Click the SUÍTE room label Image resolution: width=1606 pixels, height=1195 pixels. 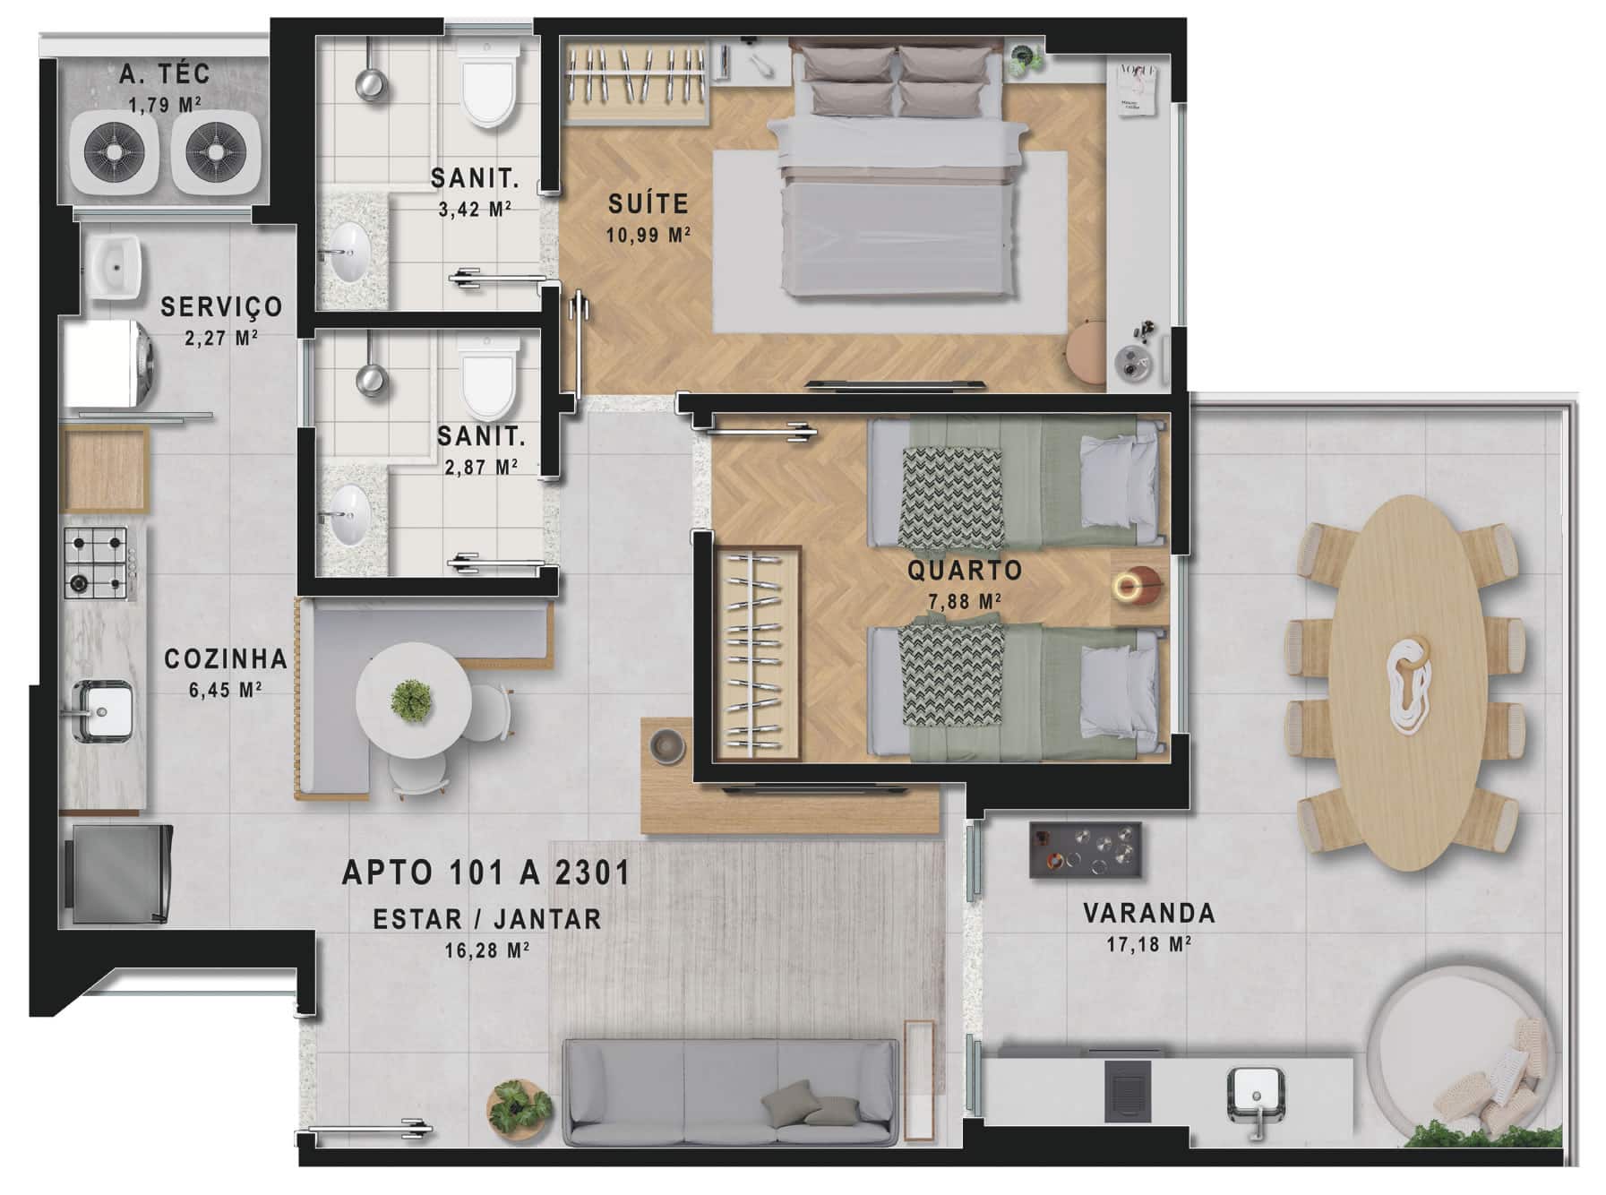tap(648, 203)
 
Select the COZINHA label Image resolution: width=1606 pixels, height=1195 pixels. tap(226, 659)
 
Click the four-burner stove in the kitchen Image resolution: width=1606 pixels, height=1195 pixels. tap(96, 563)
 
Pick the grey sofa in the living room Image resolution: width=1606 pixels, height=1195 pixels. tap(730, 1091)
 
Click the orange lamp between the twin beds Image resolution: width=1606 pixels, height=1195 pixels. tap(1138, 588)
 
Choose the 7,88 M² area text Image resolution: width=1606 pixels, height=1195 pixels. tap(965, 601)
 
